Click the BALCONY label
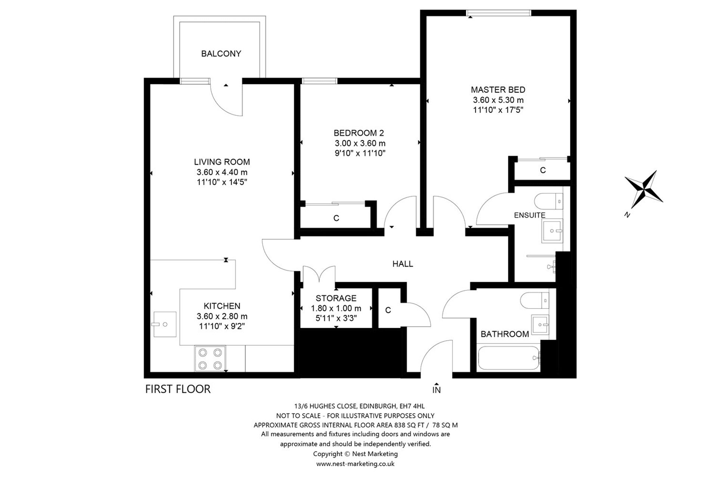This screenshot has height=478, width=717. pos(221,54)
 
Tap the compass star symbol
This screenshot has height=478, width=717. pos(644,189)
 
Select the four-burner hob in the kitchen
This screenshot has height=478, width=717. pos(210,358)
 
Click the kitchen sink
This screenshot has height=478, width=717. pos(164,325)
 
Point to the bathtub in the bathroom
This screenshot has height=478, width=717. pos(509,358)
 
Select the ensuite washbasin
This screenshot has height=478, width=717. pos(552,230)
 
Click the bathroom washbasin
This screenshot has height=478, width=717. pos(540,324)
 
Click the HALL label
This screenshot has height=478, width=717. pos(403,264)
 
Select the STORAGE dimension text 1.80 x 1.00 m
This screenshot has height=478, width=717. pos(336,308)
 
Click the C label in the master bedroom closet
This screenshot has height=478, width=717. pos(543,170)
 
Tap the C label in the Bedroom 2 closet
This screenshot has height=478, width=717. pos(336,218)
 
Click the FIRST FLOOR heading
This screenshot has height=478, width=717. pos(178,389)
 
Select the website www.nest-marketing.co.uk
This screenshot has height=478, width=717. pos(355,464)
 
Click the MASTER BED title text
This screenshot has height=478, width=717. pos(498,90)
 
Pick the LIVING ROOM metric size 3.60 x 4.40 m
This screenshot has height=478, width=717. pos(222,172)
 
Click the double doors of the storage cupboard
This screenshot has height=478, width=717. pos(319,274)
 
